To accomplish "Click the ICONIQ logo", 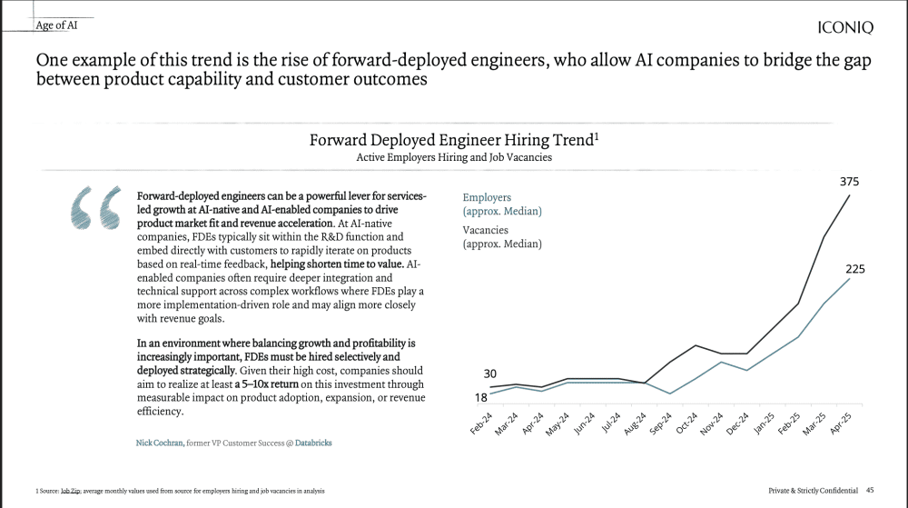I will (845, 27).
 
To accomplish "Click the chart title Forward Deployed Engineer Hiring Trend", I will (450, 140).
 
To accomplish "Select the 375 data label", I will (850, 182).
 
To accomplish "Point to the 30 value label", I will (489, 374).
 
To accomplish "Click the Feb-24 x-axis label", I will (481, 424).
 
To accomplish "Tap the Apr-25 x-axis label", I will (841, 424).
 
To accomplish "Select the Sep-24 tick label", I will (661, 424).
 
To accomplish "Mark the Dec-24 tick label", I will (737, 424).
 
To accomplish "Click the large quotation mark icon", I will (94, 207).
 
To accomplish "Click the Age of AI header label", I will (56, 25).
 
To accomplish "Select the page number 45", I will (870, 490).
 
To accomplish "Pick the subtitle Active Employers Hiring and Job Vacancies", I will (453, 157).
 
